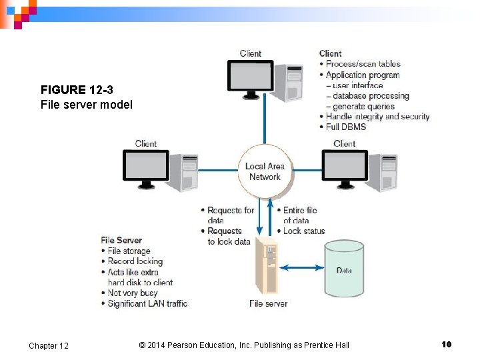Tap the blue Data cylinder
tap(343, 269)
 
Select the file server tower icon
tap(267, 265)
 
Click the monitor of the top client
tap(251, 76)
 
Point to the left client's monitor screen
tap(145, 165)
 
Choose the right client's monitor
tap(344, 165)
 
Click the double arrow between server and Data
tap(300, 268)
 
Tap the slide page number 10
tap(446, 344)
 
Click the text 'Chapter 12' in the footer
tap(49, 345)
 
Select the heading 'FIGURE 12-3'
tap(72, 90)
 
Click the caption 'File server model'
tap(86, 105)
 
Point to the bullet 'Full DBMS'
tap(346, 127)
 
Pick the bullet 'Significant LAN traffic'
tap(147, 303)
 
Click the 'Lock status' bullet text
tap(304, 231)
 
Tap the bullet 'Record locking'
tap(135, 261)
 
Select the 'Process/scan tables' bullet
tap(363, 64)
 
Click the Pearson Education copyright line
tap(244, 345)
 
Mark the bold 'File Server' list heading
tap(121, 240)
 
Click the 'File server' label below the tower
tap(268, 303)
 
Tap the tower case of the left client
tap(183, 172)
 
